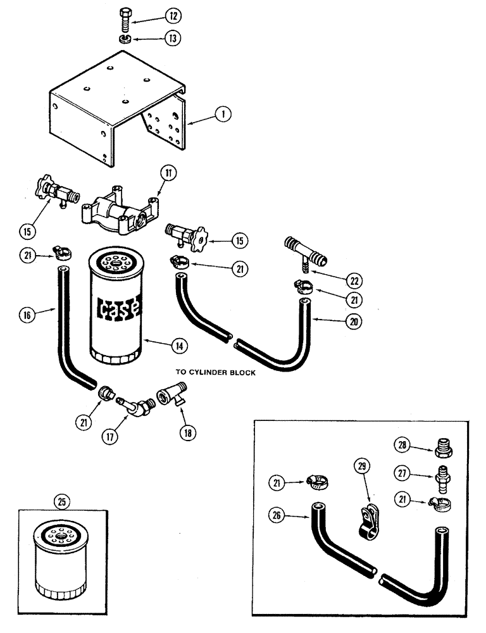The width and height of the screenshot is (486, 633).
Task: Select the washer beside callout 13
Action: pos(125,39)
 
